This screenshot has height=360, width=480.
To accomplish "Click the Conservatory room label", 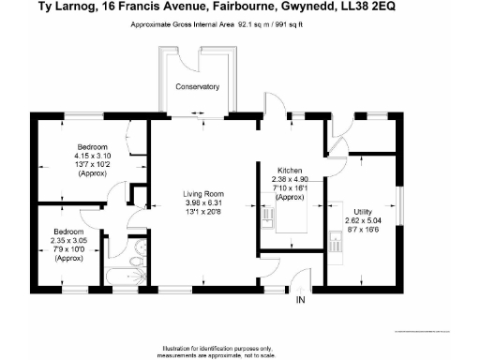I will point(197,87).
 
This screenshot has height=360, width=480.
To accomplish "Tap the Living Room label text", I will point(202,194).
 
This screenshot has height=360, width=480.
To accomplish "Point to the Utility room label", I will point(363,210).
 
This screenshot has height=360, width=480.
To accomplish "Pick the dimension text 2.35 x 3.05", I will point(69,240).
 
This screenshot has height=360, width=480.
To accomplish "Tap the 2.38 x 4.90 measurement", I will point(290,179).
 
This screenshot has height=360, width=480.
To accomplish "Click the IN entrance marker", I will point(300,300).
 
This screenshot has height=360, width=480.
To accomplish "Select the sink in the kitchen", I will point(268,219).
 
